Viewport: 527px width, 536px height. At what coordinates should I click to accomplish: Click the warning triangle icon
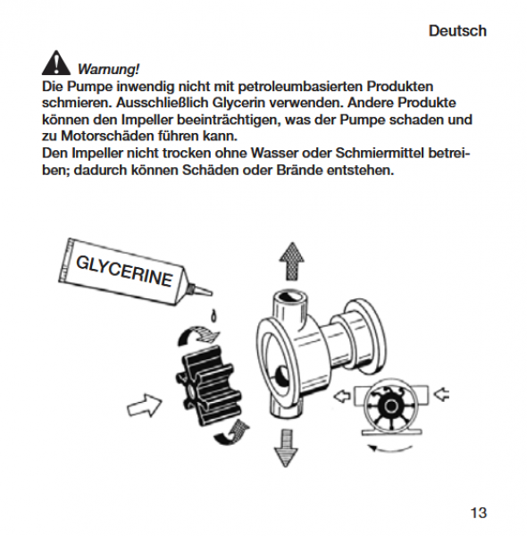(x=56, y=63)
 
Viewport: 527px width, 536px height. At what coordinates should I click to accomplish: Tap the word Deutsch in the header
(x=457, y=30)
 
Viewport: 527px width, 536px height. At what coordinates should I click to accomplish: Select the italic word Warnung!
(x=108, y=69)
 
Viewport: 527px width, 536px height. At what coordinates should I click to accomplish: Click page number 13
(x=479, y=513)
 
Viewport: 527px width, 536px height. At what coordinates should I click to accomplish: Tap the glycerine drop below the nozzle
(x=213, y=316)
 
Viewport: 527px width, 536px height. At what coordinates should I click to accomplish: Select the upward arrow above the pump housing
(x=291, y=261)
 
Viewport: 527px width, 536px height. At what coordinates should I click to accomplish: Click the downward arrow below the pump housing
(x=286, y=448)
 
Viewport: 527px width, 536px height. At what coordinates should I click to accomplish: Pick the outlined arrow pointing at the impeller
(x=144, y=405)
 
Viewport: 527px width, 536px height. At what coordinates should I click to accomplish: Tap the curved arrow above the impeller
(x=198, y=335)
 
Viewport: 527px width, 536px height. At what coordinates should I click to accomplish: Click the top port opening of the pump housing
(x=289, y=297)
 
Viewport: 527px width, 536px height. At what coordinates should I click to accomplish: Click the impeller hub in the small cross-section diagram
(x=390, y=406)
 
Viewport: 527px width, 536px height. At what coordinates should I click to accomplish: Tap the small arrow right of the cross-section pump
(x=441, y=394)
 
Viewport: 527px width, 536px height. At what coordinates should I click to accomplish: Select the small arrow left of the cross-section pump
(x=342, y=397)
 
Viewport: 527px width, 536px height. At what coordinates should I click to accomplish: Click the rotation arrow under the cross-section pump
(x=389, y=450)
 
